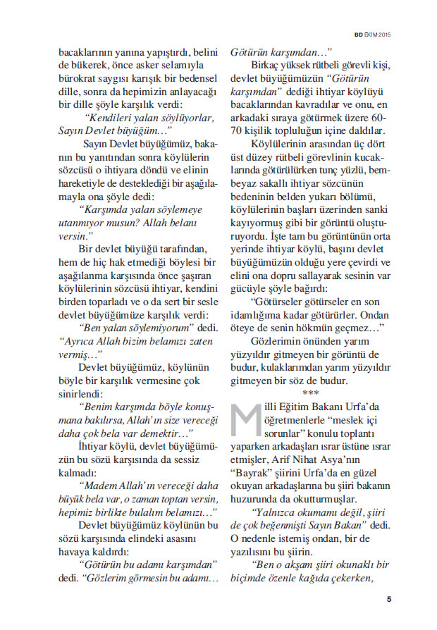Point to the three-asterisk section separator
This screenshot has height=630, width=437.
[310, 393]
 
